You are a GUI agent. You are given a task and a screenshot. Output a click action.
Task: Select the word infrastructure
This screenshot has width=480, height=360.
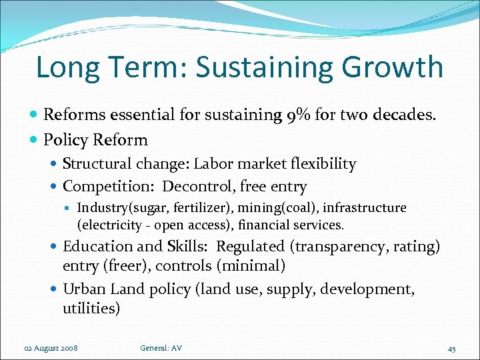tap(365, 208)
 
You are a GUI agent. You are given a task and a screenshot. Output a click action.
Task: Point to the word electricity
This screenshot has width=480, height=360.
tap(110, 225)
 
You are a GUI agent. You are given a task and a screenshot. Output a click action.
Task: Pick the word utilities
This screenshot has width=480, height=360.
tap(90, 308)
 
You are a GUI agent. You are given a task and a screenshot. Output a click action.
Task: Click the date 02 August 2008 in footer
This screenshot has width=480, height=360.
tap(50, 348)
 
